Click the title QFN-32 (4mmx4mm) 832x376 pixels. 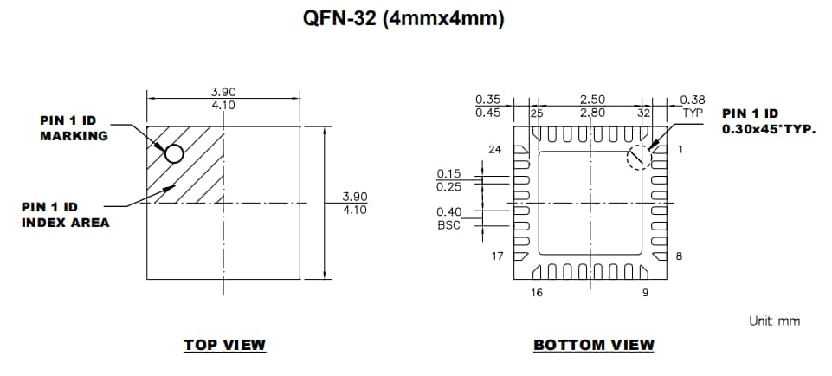click(x=416, y=19)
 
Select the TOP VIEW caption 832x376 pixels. click(x=224, y=345)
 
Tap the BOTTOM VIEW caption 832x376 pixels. click(x=593, y=345)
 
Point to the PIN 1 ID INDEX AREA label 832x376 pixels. click(x=66, y=215)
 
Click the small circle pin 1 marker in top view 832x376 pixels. click(x=174, y=153)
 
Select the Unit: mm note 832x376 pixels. click(x=774, y=321)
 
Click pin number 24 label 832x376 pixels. click(x=494, y=150)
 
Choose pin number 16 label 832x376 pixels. click(x=537, y=293)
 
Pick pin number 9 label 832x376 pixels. click(x=645, y=293)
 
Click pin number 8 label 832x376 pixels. click(x=679, y=256)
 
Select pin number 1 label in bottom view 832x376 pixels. click(x=680, y=150)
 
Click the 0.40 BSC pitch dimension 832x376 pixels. click(x=449, y=218)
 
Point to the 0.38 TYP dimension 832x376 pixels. click(x=693, y=106)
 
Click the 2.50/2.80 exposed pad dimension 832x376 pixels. click(x=592, y=106)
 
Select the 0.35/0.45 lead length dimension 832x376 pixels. click(x=488, y=106)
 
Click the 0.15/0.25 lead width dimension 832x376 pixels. click(x=449, y=179)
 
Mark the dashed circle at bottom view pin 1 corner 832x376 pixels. click(x=639, y=157)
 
